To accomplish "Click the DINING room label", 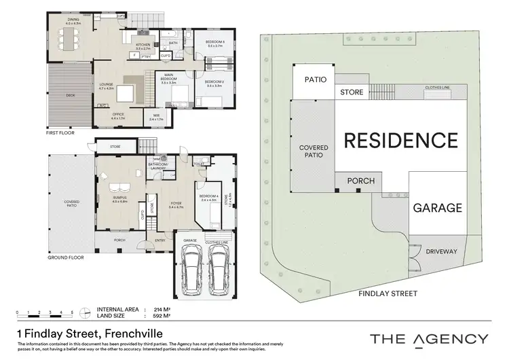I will (73, 20).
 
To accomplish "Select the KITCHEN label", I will (143, 46).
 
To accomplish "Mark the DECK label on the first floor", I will (69, 96).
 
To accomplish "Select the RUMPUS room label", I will (119, 198).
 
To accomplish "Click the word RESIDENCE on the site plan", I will (400, 141).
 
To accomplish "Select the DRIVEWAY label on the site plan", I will (441, 251).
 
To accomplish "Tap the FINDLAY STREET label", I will (389, 293).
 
